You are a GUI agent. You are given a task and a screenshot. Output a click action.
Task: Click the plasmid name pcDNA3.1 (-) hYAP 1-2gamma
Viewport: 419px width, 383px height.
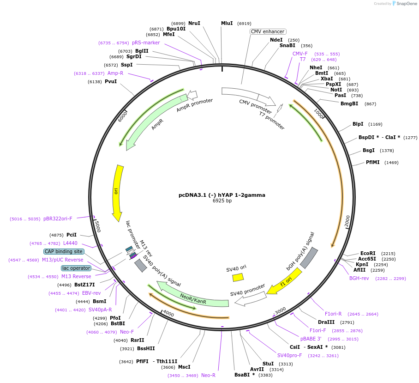tap(221, 195)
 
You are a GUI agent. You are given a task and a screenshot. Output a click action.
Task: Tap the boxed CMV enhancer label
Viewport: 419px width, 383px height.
tap(268, 31)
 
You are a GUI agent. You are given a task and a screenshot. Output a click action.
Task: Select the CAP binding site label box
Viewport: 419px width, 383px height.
tap(64, 252)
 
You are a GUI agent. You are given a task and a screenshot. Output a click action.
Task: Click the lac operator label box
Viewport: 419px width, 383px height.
tap(76, 268)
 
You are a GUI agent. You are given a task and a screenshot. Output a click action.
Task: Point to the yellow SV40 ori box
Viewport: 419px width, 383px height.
tap(238, 277)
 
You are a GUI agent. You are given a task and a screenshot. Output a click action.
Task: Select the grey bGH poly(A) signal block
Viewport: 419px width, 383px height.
tap(309, 258)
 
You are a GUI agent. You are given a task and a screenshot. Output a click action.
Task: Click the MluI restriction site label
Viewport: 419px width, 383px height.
tap(227, 23)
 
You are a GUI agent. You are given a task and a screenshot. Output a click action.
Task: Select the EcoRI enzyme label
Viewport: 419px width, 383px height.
tap(368, 253)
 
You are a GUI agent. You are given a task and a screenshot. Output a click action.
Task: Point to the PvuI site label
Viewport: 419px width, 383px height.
tap(111, 82)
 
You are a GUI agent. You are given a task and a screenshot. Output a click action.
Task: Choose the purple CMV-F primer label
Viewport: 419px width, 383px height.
tap(300, 54)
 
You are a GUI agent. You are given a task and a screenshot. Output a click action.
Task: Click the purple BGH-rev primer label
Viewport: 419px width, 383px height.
tap(359, 278)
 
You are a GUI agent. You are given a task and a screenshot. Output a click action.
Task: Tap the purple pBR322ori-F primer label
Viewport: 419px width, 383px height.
tap(58, 219)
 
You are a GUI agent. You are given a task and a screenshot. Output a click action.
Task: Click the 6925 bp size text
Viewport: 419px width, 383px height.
tap(221, 201)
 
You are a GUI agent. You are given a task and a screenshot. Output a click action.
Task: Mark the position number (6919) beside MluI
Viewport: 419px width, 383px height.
tap(244, 23)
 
